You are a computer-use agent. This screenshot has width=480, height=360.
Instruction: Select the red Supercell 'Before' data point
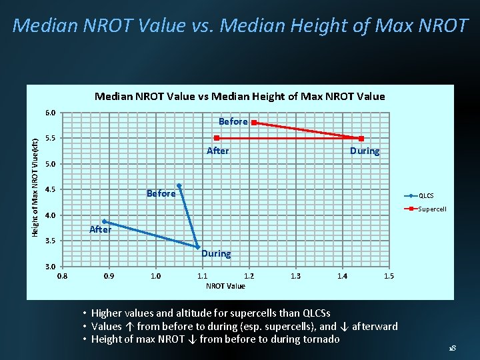tap(254, 123)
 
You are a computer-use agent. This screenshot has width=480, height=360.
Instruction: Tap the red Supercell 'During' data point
tap(361, 139)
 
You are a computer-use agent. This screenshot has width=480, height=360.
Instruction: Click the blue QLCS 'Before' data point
tap(179, 185)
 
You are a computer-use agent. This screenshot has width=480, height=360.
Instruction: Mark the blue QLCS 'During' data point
tap(198, 247)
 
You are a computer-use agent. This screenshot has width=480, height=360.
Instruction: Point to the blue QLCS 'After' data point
tap(104, 221)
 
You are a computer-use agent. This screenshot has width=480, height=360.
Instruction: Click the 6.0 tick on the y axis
tap(51, 113)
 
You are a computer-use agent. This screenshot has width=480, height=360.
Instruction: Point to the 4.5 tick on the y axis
tap(51, 190)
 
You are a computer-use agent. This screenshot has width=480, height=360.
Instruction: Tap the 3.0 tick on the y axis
tap(51, 267)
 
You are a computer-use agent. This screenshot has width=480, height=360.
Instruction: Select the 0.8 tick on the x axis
tap(62, 276)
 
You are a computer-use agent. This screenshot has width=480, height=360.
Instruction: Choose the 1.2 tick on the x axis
tap(249, 276)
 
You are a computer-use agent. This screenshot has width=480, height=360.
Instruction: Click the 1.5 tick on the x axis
tap(389, 276)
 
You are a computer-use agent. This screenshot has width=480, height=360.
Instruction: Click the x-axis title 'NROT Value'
tap(225, 286)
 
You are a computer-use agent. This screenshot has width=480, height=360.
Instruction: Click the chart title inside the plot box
tap(239, 97)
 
